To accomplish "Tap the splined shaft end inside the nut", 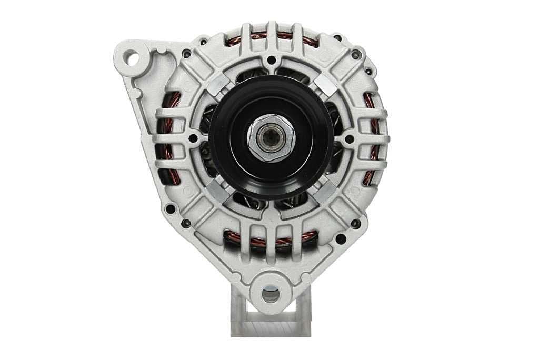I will (x=270, y=138).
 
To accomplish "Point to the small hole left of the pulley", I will (x=194, y=138).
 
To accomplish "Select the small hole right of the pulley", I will (x=348, y=138).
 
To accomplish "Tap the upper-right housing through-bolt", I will (x=356, y=54).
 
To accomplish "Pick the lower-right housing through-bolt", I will (x=356, y=223).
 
